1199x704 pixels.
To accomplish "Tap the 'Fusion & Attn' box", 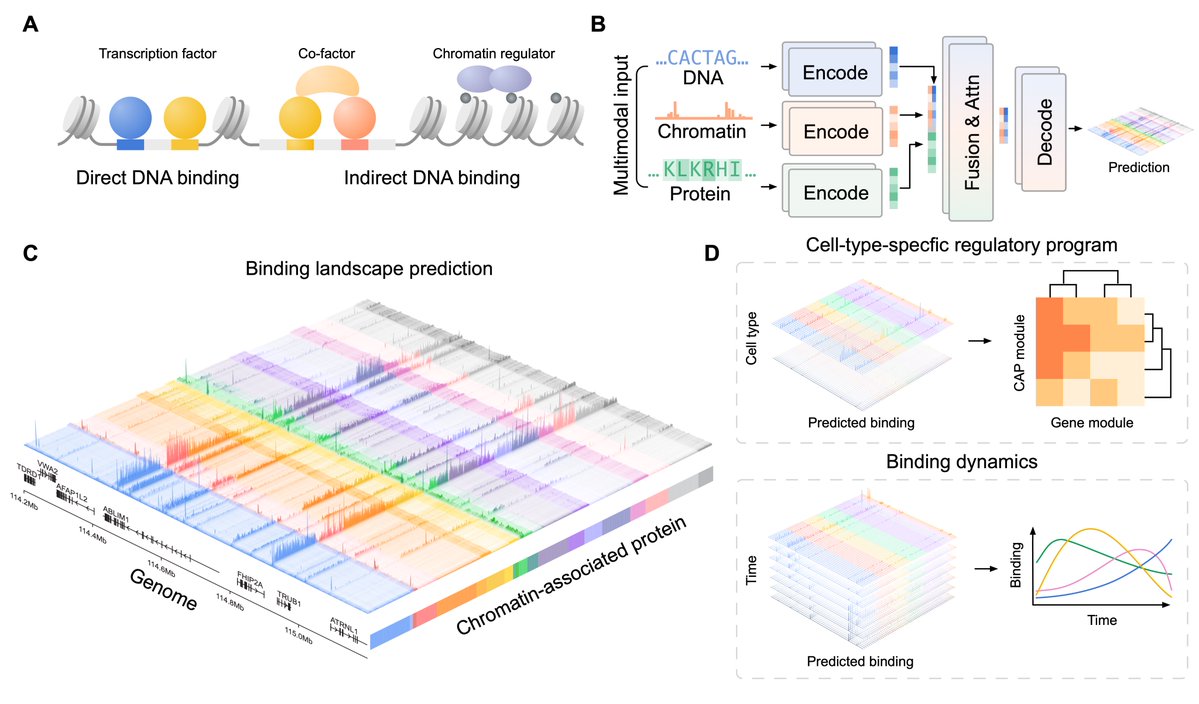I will click(966, 130).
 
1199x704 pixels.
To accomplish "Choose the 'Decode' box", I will click(1042, 128).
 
